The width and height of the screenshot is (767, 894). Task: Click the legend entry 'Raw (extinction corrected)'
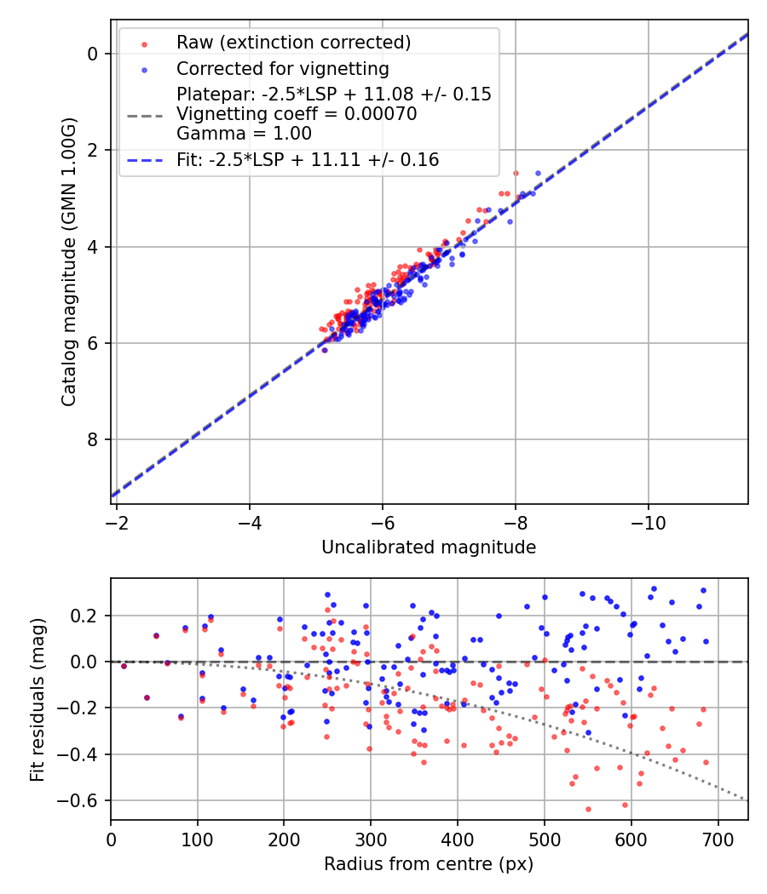(293, 43)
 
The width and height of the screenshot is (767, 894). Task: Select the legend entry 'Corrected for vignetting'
(282, 69)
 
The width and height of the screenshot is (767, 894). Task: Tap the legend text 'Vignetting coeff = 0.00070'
(297, 114)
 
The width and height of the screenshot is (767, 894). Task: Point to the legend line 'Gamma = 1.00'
(244, 134)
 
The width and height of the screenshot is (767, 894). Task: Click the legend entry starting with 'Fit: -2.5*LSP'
(308, 160)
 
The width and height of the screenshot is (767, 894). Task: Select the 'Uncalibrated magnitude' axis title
(429, 547)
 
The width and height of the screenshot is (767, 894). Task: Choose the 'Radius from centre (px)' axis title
(429, 864)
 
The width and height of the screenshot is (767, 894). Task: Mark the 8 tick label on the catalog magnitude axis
(95, 440)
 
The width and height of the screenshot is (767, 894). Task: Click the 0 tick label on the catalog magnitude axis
(95, 54)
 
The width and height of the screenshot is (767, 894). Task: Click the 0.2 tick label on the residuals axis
(86, 616)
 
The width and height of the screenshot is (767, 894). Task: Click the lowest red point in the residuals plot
(588, 809)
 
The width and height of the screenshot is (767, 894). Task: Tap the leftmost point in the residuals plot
(124, 666)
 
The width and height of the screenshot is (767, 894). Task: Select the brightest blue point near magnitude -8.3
(538, 173)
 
